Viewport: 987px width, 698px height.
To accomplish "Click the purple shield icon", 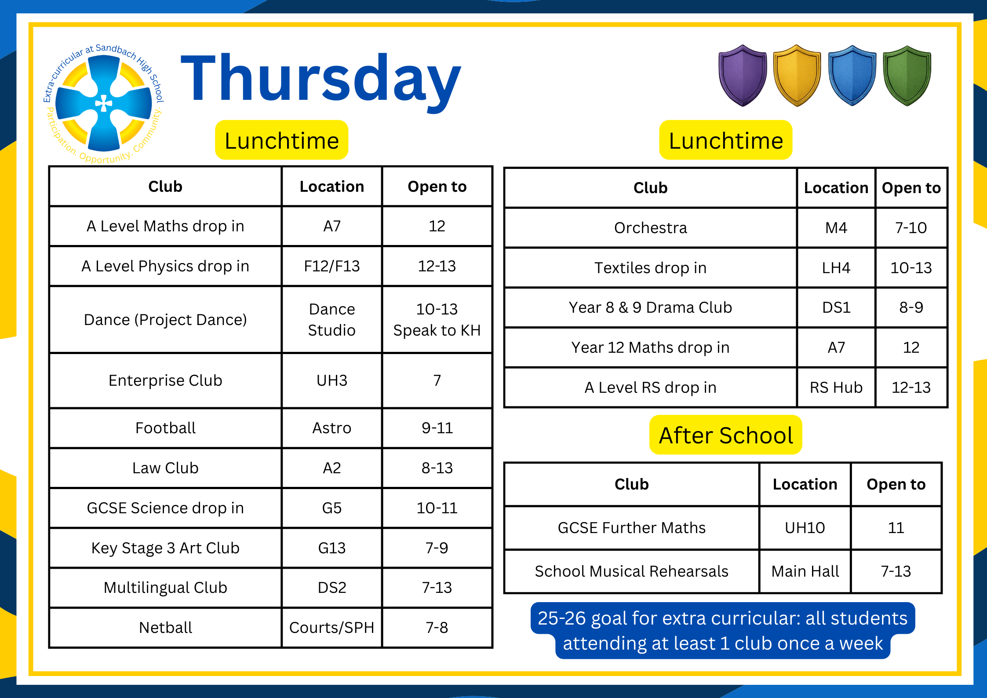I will [743, 76].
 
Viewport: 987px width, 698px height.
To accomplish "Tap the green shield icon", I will [907, 76].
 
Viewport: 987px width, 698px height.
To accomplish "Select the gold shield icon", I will [797, 76].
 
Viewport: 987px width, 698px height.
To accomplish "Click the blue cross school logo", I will [104, 104].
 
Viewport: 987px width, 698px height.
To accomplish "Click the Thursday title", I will [321, 79].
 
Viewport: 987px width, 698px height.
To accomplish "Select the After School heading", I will [725, 435].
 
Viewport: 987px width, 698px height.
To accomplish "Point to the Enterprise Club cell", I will [165, 380].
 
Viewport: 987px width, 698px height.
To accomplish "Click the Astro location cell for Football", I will [331, 428].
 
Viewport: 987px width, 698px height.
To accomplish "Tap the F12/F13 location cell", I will [331, 266].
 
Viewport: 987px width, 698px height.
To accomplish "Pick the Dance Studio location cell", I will [331, 320].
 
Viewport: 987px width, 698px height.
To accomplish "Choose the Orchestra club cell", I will [650, 228].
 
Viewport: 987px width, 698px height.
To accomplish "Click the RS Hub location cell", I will [836, 387].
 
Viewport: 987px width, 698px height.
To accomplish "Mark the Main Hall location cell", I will [805, 571].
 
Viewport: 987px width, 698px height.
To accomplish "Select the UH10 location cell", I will [805, 528].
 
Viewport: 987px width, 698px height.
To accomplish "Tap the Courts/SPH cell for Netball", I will [331, 628].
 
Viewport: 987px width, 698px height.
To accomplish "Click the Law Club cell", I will [165, 468].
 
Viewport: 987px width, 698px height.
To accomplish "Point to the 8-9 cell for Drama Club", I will [911, 307].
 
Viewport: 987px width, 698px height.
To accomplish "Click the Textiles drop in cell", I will [650, 268].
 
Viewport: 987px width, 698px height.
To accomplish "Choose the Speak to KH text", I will [437, 330].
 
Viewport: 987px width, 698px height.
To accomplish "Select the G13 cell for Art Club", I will [331, 548].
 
